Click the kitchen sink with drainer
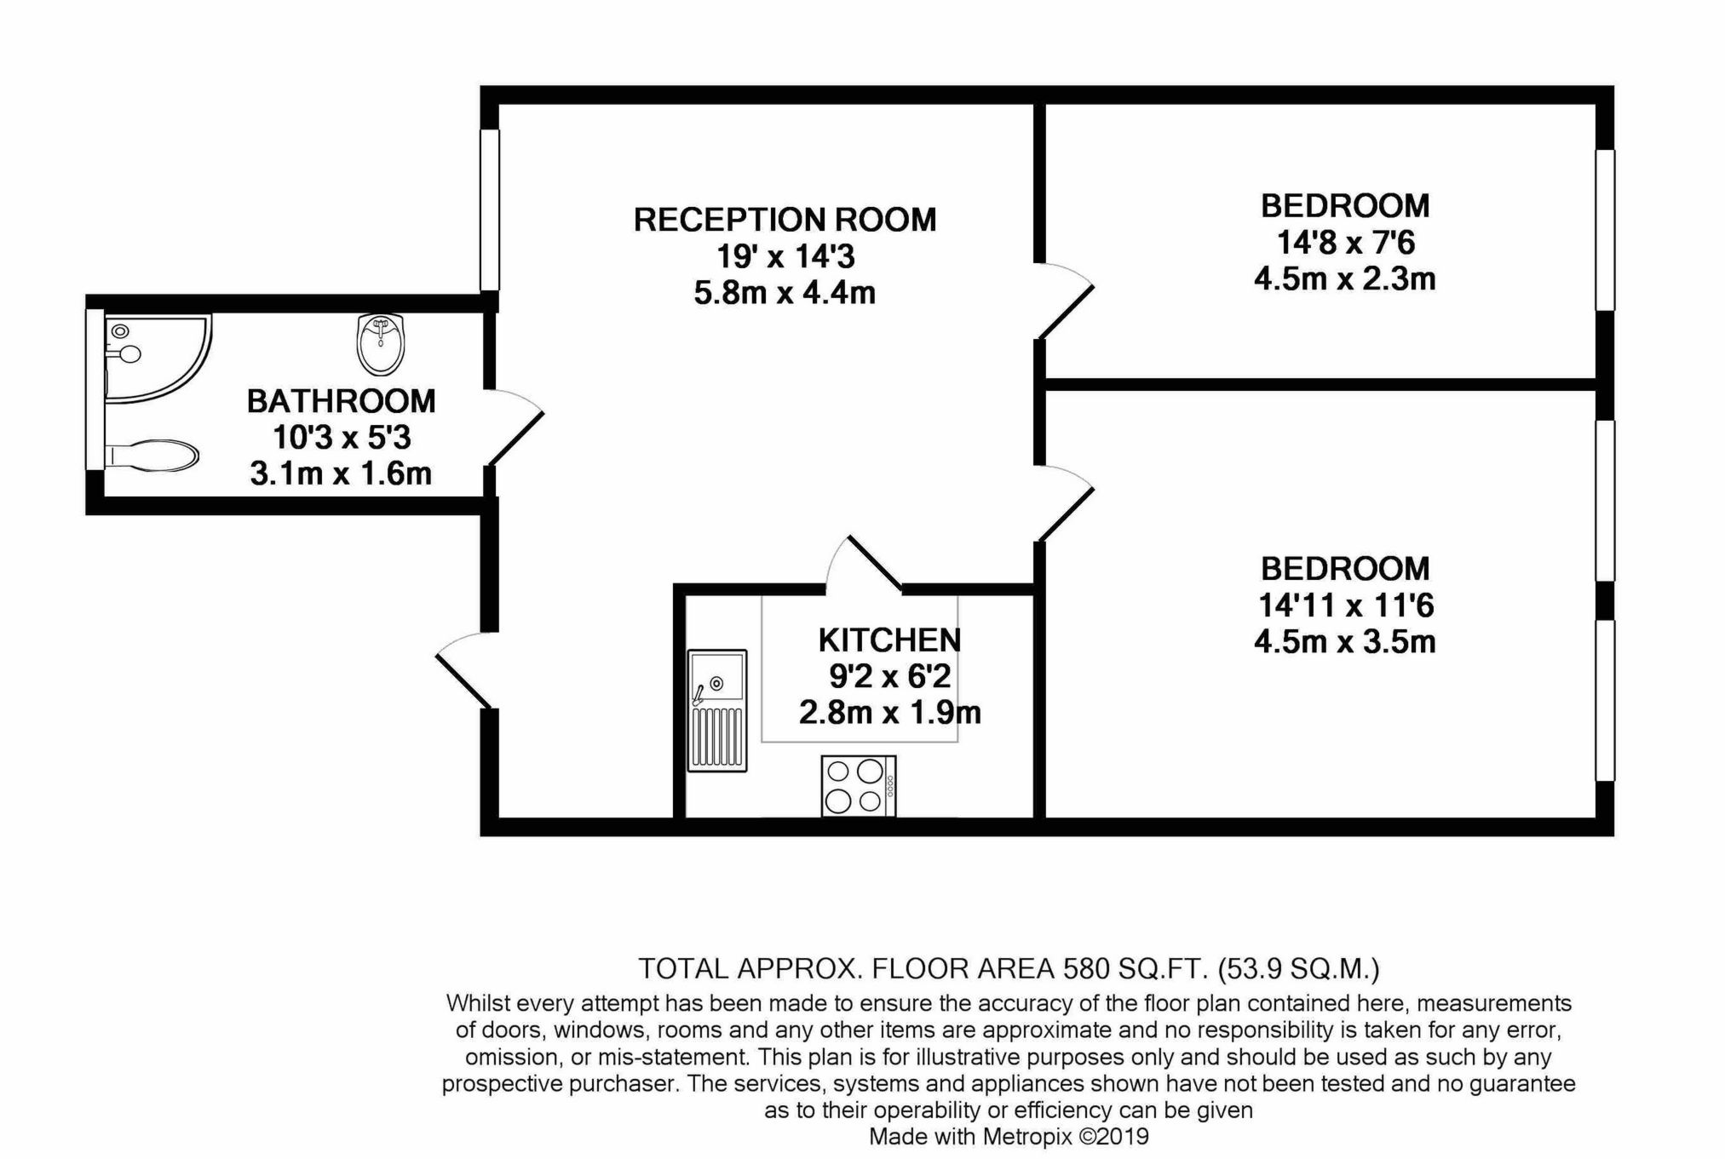717,711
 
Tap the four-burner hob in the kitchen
859,786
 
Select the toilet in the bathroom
152,455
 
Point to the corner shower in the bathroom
158,359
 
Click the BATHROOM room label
341,401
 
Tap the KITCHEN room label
889,640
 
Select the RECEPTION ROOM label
785,220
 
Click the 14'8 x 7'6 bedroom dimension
1345,243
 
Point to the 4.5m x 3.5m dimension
1345,641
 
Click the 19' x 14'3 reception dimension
785,256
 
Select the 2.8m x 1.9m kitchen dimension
889,712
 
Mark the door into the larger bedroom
1064,503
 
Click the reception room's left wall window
489,209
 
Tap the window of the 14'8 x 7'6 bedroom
1605,230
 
